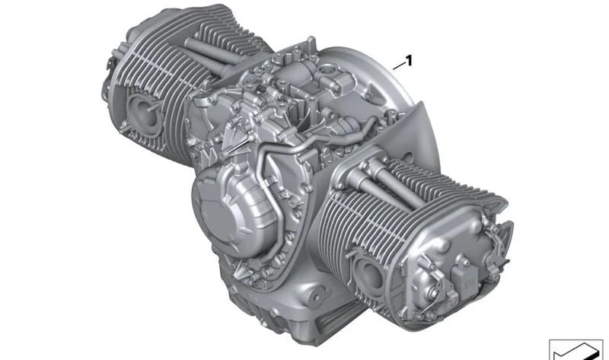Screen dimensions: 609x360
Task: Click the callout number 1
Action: pos(408,61)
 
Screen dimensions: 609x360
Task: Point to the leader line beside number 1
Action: pos(398,67)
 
